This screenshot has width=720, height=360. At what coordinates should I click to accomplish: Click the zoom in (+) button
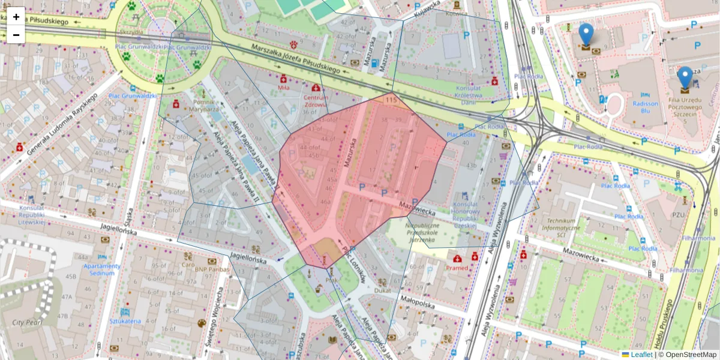point(16,17)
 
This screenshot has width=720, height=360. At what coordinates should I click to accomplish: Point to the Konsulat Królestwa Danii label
point(467,94)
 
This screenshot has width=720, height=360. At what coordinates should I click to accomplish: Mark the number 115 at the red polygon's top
point(392,100)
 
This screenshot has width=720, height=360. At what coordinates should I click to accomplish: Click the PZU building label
point(679,214)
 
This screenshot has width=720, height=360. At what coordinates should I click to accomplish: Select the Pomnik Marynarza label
point(203,106)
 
